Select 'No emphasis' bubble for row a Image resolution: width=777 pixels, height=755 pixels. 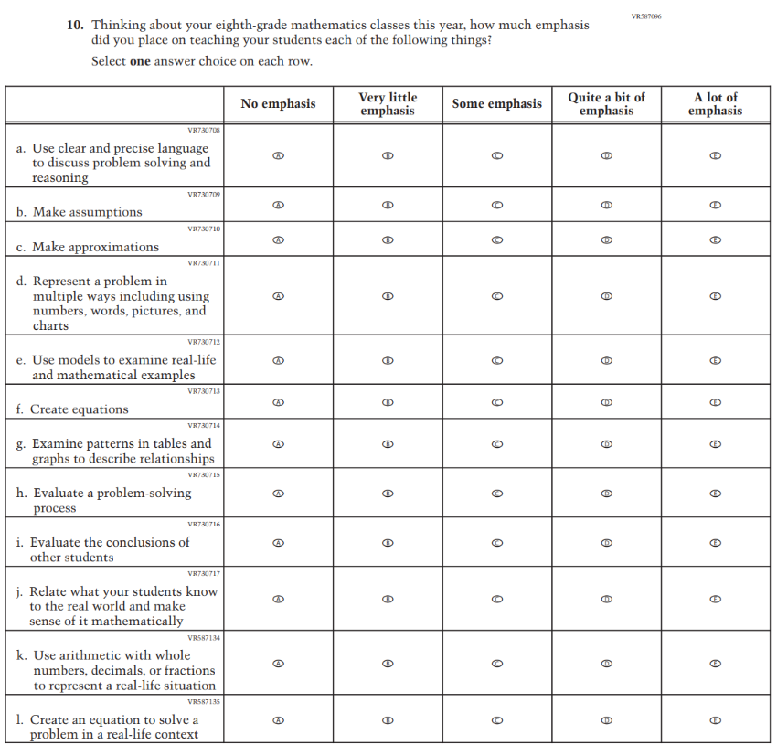point(279,156)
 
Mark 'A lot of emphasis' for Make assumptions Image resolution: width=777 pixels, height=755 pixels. point(716,206)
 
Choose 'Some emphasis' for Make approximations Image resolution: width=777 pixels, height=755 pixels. point(497,240)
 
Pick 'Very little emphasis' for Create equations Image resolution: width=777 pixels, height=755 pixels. point(388,402)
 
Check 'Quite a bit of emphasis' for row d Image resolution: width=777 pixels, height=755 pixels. point(606,296)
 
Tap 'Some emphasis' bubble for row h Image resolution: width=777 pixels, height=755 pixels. point(497,494)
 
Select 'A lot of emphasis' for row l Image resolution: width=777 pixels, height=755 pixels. point(716,720)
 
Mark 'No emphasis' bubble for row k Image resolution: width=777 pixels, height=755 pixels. point(279,664)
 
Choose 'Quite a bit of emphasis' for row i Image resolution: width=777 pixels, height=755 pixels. point(606,543)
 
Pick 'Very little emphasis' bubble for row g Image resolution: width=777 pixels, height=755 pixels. point(388,444)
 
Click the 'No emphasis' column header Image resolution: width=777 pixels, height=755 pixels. point(279,104)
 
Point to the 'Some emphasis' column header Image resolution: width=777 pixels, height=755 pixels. point(497,104)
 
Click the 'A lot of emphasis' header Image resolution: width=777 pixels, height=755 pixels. point(716,104)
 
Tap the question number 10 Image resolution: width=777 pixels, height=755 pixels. point(76,26)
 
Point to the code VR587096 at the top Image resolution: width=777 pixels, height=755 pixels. point(645,16)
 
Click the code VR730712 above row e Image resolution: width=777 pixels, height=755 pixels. point(204,342)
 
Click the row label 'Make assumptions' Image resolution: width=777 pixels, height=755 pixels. point(88,212)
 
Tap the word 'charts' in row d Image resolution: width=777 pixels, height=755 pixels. point(51,325)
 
